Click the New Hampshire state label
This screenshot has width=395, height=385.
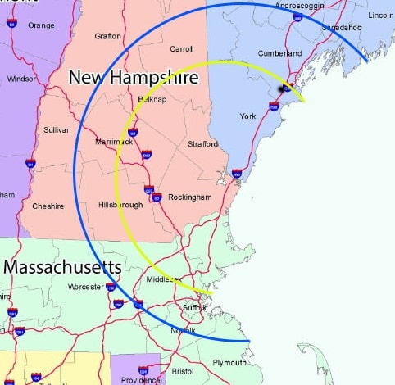[133, 77]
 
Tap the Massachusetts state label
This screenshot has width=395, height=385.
[63, 267]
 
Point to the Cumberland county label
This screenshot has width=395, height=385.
[280, 53]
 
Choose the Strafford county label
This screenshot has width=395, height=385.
[204, 144]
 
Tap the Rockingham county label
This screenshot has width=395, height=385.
[190, 197]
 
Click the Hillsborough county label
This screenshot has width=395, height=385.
[120, 204]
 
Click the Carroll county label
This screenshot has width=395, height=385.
[181, 49]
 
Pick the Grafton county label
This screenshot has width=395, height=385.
[108, 36]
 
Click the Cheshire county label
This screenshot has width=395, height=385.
[48, 206]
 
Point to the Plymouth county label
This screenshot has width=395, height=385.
[229, 362]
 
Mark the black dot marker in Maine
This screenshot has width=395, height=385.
[285, 88]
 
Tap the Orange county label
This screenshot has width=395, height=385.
[41, 25]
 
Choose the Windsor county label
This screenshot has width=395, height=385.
[21, 79]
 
